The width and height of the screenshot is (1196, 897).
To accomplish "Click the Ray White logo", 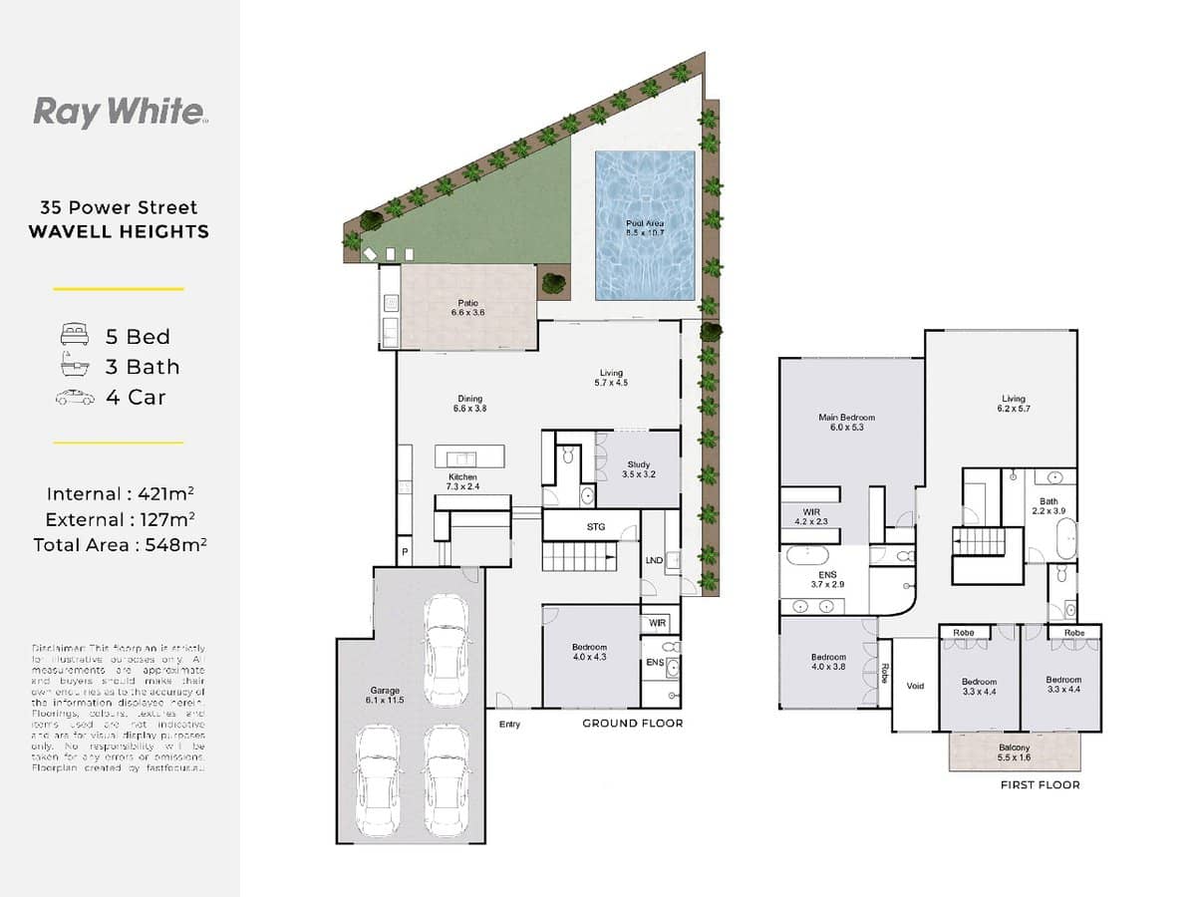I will pyautogui.click(x=120, y=111).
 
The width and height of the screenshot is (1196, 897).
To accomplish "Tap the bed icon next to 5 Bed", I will pyautogui.click(x=75, y=335).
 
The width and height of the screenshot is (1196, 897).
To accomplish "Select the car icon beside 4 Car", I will pyautogui.click(x=75, y=397).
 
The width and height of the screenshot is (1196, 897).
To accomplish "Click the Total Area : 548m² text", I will pyautogui.click(x=120, y=544).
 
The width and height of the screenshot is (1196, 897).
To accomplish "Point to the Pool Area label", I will pyautogui.click(x=645, y=227).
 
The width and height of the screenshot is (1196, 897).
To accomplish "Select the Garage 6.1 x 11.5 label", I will pyautogui.click(x=386, y=696).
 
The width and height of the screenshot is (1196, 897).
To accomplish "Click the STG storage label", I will pyautogui.click(x=595, y=525).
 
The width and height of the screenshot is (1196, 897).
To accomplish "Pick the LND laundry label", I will pyautogui.click(x=654, y=561).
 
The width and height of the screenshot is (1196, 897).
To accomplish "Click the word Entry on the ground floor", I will pyautogui.click(x=509, y=725).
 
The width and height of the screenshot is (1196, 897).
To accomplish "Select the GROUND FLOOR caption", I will pyautogui.click(x=633, y=723).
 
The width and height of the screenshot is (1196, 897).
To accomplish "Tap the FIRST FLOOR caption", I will pyautogui.click(x=1040, y=785).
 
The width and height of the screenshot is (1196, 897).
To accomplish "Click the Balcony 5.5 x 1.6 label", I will pyautogui.click(x=1015, y=751).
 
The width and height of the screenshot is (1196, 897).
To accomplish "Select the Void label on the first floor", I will pyautogui.click(x=915, y=686).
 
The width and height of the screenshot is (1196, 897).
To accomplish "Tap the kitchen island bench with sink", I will pyautogui.click(x=469, y=457).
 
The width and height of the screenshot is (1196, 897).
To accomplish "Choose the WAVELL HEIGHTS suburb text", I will pyautogui.click(x=119, y=231).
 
